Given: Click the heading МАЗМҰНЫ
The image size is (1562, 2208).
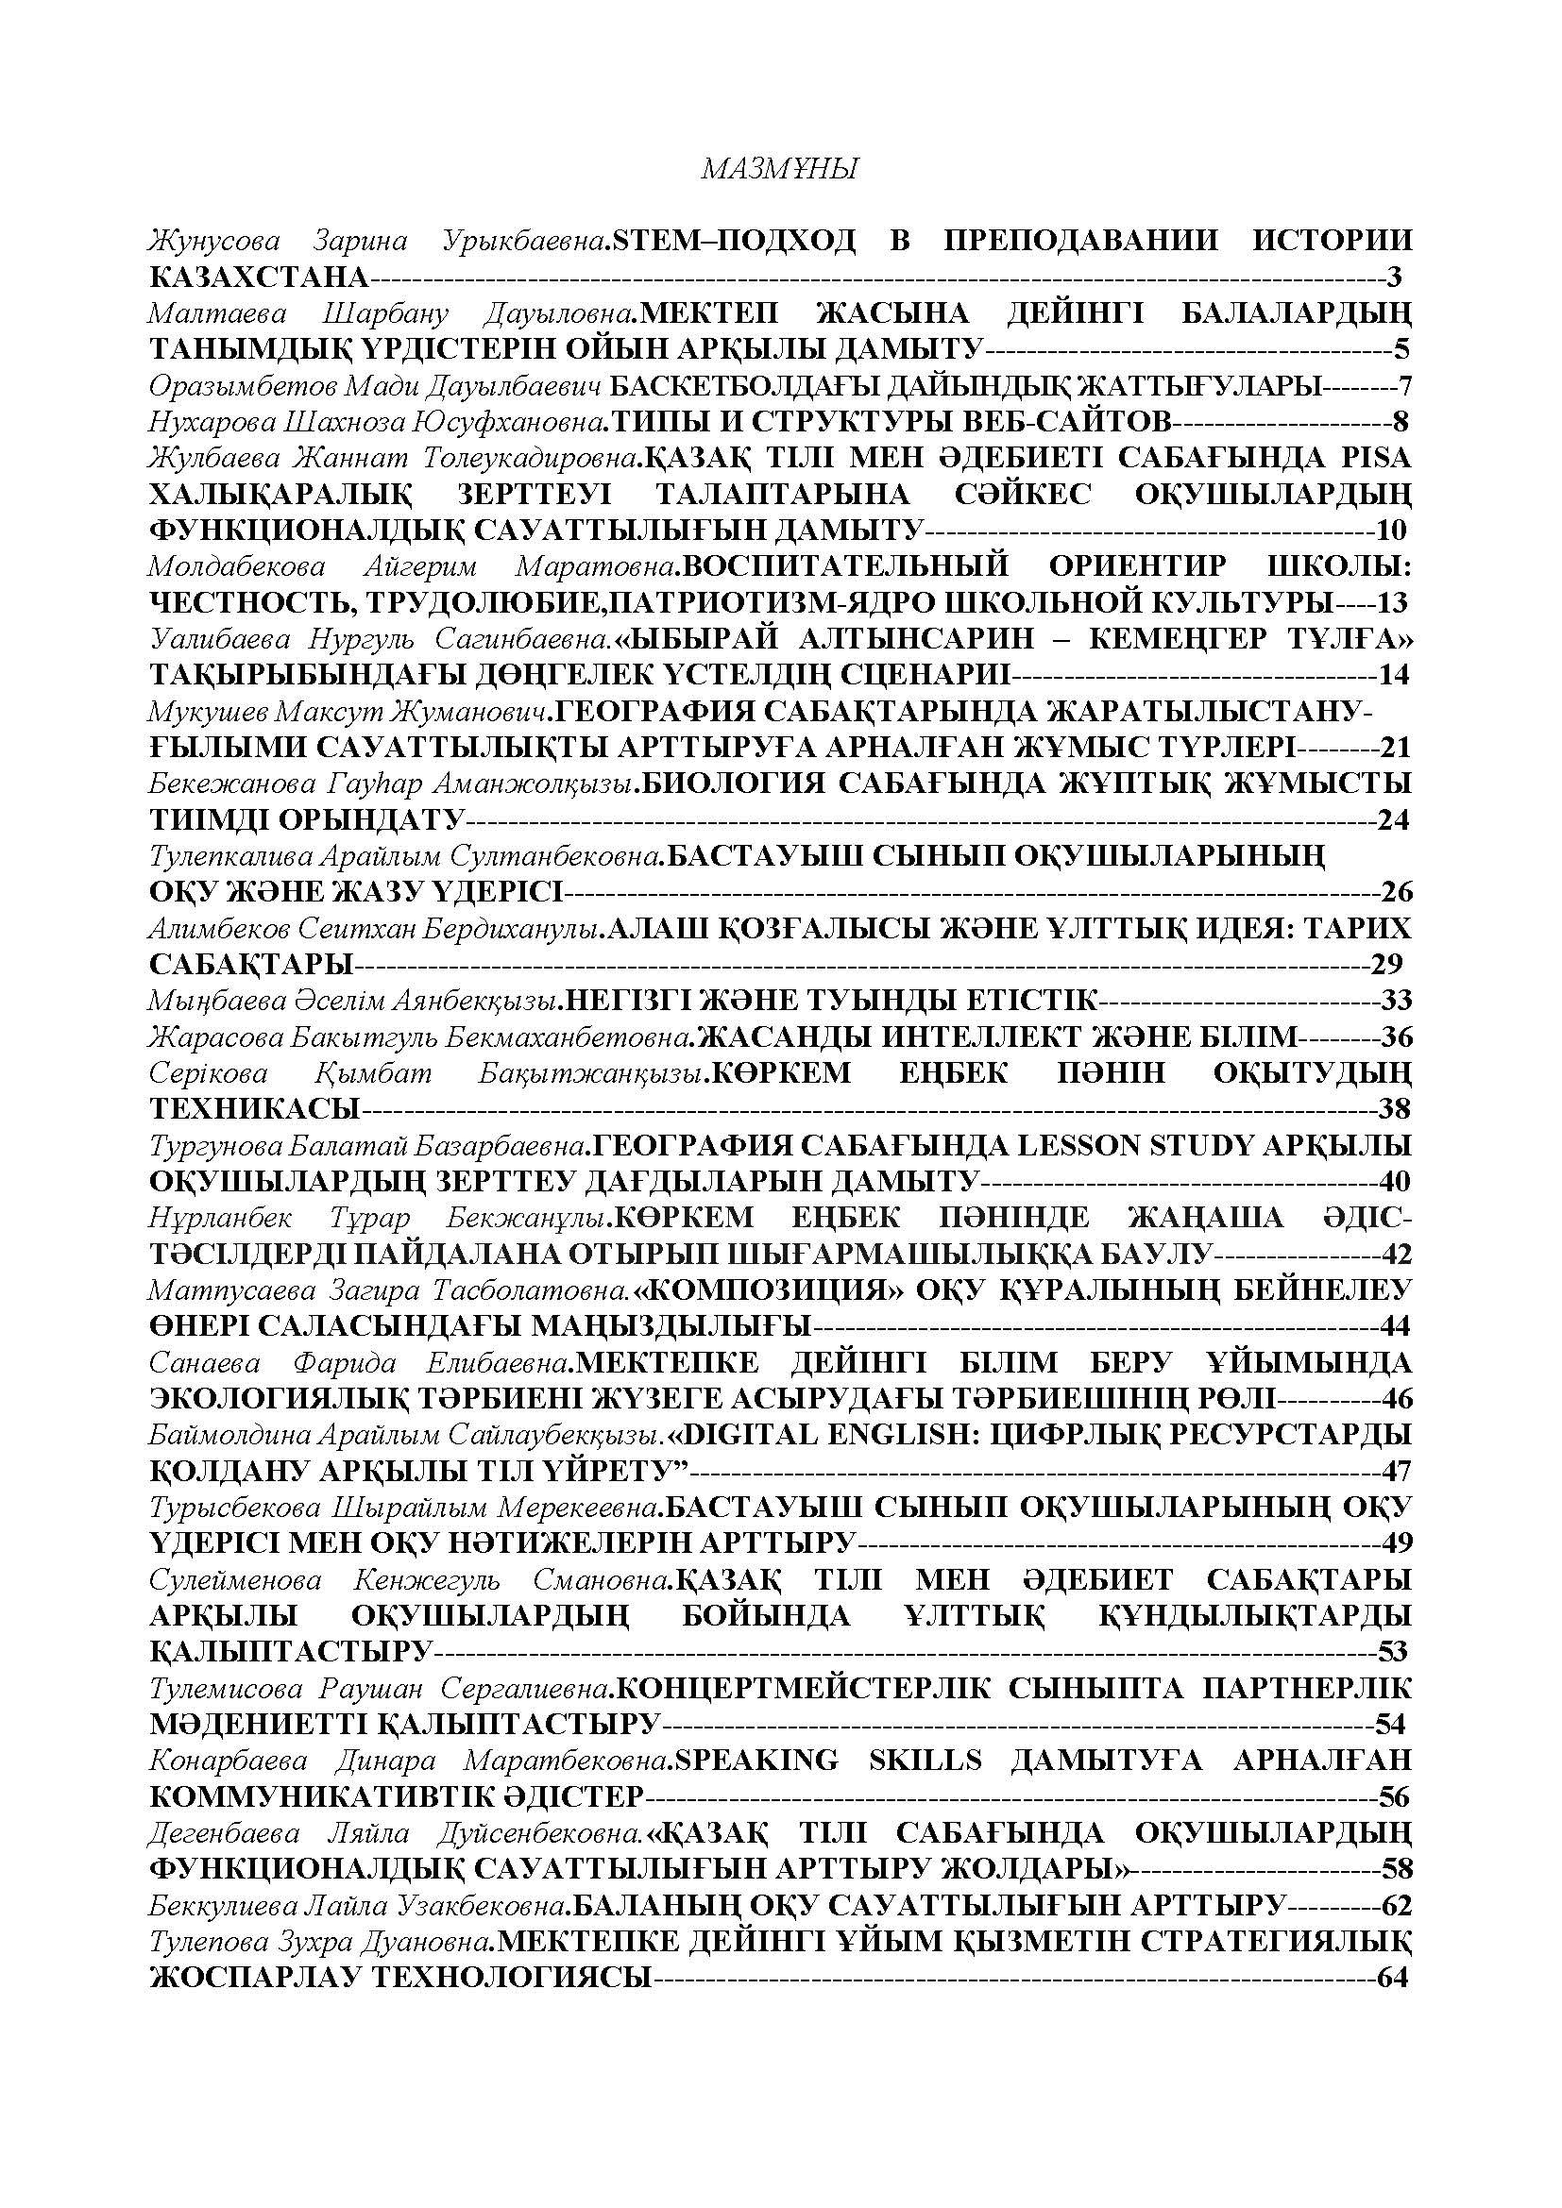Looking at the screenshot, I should point(779,170).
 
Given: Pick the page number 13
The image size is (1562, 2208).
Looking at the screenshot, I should point(1392,603).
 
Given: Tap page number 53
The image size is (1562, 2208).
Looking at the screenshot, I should point(1393,1652).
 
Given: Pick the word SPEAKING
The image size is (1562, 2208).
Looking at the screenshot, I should point(756,1761).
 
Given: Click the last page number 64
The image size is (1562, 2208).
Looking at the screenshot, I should point(1393,1979).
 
